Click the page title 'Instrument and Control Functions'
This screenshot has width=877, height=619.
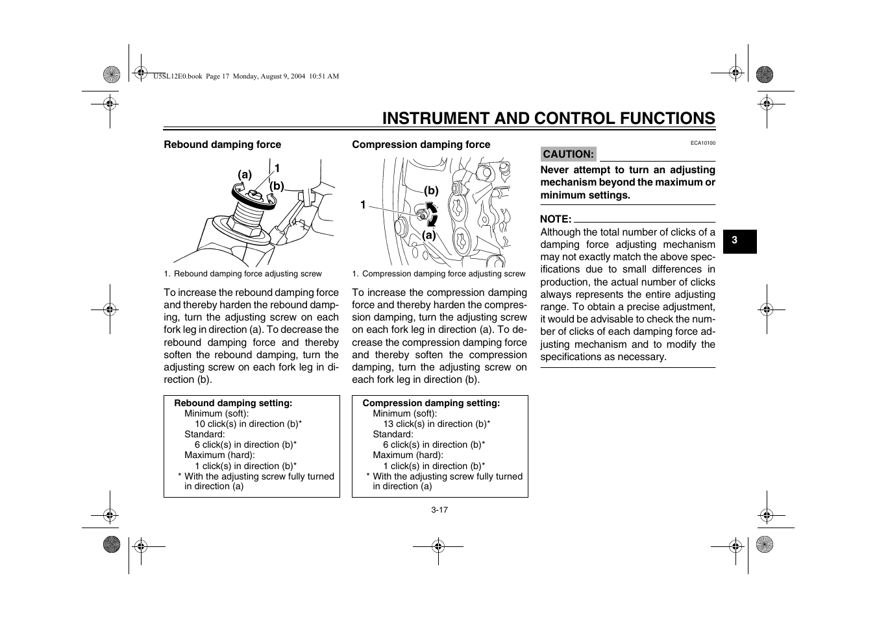(549, 118)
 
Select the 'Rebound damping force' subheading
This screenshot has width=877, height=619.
(222, 145)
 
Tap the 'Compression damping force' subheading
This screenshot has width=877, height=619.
(421, 145)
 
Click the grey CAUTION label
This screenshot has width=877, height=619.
(568, 154)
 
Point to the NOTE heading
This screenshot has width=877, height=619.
(556, 219)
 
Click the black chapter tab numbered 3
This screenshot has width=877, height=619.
(735, 240)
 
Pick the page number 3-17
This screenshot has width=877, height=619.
(439, 510)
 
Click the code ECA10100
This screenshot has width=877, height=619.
(702, 143)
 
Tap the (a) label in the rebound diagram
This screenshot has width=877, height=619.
(245, 175)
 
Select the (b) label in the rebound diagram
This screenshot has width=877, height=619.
(277, 186)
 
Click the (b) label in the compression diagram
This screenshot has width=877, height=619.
(432, 191)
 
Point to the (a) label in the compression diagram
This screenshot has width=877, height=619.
(429, 236)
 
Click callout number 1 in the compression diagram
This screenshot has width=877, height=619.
(364, 205)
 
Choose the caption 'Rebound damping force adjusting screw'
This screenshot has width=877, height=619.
(247, 274)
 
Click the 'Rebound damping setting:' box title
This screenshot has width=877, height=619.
(233, 404)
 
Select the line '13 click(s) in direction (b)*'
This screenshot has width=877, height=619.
(436, 424)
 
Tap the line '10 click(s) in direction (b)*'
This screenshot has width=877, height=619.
(248, 424)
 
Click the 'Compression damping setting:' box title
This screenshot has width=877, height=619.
(431, 404)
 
